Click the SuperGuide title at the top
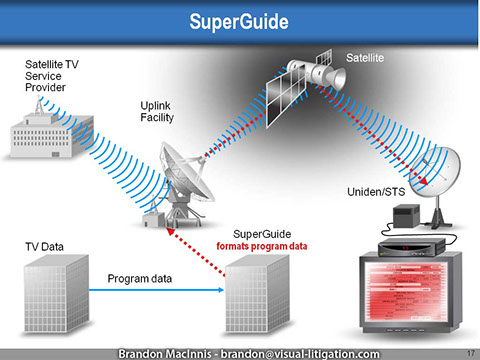[240, 20]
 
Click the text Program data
[140, 280]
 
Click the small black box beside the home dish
[403, 215]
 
